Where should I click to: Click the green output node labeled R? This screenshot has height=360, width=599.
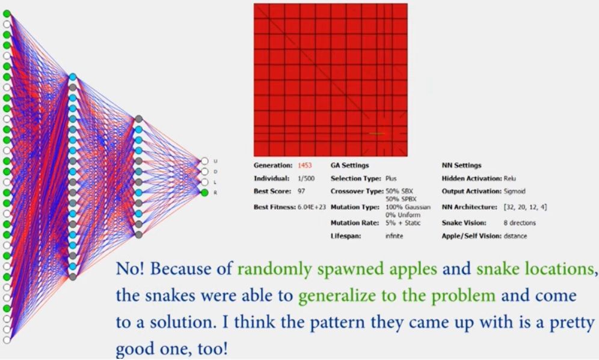pos(204,193)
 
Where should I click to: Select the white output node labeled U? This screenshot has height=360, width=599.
pos(204,161)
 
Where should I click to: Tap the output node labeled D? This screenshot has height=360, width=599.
pos(204,172)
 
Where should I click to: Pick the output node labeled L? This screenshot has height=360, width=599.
pos(204,182)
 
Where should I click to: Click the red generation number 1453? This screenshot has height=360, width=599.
pos(305,165)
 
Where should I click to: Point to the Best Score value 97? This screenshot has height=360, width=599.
pos(301,191)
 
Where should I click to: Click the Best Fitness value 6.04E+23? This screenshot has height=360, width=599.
pos(312,207)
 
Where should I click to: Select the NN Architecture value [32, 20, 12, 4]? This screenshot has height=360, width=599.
pos(525,207)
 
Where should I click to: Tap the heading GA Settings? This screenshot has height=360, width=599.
pos(350,165)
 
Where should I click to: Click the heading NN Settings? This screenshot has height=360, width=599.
pos(461,165)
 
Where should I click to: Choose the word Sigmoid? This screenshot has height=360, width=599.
pos(515,191)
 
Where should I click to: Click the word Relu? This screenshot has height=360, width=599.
pos(509,178)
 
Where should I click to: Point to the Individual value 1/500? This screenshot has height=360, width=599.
pos(306,178)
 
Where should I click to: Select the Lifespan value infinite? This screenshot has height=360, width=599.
pos(395,236)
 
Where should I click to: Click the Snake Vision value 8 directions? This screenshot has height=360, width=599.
pos(520,223)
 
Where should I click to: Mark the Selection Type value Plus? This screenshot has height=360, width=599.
pos(391,178)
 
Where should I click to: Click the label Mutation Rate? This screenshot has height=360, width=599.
pos(355,223)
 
